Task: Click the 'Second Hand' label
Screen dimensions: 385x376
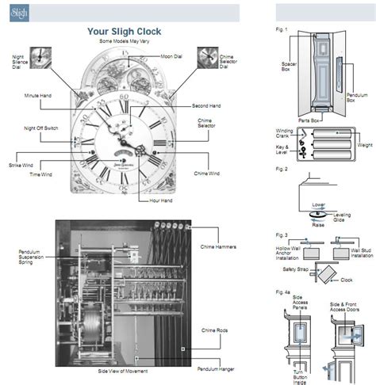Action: point(205,106)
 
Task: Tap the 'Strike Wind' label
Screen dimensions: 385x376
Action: point(21,165)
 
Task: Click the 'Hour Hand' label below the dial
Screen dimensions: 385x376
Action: point(161,201)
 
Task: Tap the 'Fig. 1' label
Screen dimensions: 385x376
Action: point(281,31)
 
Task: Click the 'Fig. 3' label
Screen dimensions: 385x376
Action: point(281,236)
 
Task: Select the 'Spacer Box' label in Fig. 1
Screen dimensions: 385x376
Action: point(289,67)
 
